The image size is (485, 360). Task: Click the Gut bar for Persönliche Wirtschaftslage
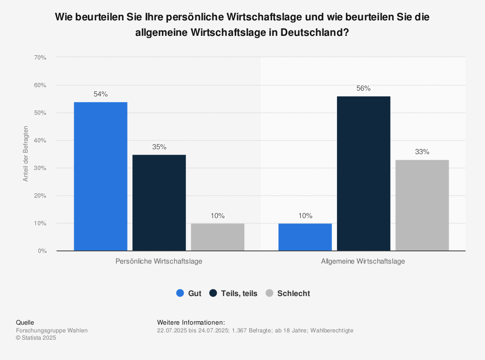pyautogui.click(x=100, y=176)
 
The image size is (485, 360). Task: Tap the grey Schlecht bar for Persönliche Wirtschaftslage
pyautogui.click(x=218, y=237)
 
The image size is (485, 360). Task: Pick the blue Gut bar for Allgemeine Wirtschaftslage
pyautogui.click(x=305, y=237)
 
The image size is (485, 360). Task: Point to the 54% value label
pyautogui.click(x=100, y=94)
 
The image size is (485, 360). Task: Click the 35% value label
pyautogui.click(x=159, y=147)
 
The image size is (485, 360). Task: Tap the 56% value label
pyautogui.click(x=364, y=89)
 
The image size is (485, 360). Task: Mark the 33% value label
pyautogui.click(x=422, y=152)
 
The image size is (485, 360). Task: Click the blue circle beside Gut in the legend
pyautogui.click(x=180, y=293)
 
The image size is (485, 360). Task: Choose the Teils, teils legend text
pyautogui.click(x=239, y=293)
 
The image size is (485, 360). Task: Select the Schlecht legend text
pyautogui.click(x=293, y=293)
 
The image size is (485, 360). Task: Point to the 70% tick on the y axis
pyautogui.click(x=40, y=58)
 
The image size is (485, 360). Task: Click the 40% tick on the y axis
pyautogui.click(x=40, y=141)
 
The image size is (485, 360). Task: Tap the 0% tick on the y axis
pyautogui.click(x=42, y=251)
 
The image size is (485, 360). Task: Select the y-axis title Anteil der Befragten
pyautogui.click(x=26, y=154)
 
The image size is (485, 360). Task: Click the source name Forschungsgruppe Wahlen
pyautogui.click(x=52, y=330)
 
